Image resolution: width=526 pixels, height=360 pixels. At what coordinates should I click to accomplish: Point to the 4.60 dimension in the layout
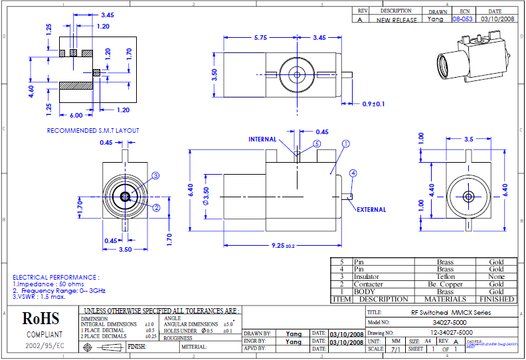click(x=31, y=91)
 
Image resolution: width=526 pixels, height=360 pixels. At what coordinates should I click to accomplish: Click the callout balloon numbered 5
click(x=317, y=143)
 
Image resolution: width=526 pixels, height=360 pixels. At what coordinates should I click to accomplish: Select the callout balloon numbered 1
click(x=345, y=143)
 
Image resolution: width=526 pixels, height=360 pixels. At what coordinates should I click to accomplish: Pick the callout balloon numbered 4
click(x=353, y=173)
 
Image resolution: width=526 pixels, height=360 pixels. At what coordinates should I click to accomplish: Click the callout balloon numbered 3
click(x=156, y=175)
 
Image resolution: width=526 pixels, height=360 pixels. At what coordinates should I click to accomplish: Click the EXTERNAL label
click(x=371, y=210)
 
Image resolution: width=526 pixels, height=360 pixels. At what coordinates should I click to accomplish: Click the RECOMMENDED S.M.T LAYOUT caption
click(x=92, y=130)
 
